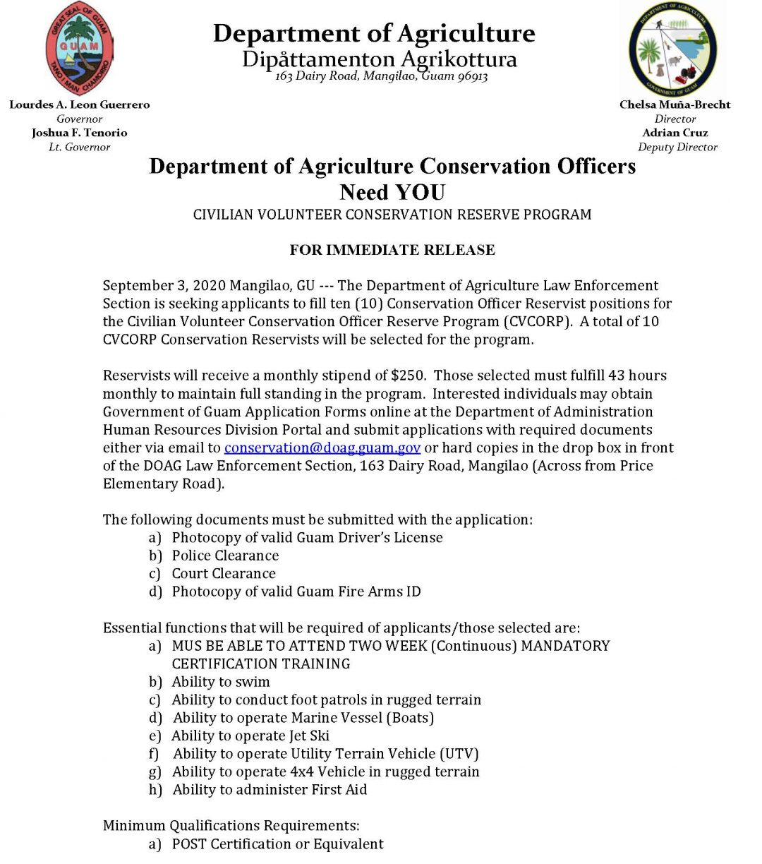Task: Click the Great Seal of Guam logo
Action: tap(79, 48)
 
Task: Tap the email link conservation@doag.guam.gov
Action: tap(322, 448)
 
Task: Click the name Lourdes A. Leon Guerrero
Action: tap(80, 104)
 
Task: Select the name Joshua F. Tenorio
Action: tap(80, 133)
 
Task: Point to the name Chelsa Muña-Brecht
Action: tap(675, 104)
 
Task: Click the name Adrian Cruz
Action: tap(675, 133)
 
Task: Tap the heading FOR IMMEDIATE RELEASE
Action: tap(392, 250)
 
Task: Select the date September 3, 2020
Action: tap(164, 285)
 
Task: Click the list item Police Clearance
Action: tap(225, 556)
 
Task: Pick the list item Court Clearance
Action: tap(224, 574)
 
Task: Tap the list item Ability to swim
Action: tap(221, 682)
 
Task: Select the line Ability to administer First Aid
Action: tap(270, 790)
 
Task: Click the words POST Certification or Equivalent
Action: tap(278, 844)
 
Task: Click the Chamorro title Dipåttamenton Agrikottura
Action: tap(380, 59)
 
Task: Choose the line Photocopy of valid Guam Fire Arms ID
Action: tap(296, 592)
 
